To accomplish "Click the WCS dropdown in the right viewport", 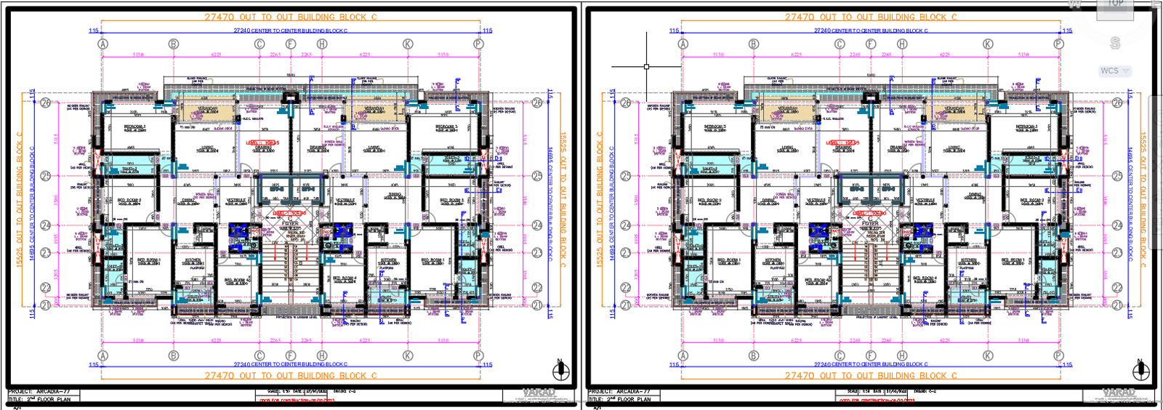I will (1114, 71).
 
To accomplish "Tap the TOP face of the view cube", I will (1115, 4).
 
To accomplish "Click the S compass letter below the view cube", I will (1115, 44).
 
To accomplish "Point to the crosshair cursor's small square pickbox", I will (646, 66).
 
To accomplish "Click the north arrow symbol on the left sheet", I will (560, 371).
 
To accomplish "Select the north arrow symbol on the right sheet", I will (1141, 371).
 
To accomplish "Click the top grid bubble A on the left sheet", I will (102, 44).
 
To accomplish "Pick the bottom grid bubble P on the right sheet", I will (1058, 355).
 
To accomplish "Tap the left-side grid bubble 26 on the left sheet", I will (46, 102).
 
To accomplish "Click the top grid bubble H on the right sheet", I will (902, 44).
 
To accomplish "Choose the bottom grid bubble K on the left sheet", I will (408, 355).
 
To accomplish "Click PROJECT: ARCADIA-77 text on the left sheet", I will (39, 392).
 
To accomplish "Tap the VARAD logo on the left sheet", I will (539, 393).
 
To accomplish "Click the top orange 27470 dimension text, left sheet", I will (290, 17).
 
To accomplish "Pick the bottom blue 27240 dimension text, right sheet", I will (871, 364).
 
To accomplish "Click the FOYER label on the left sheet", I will (291, 223).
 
